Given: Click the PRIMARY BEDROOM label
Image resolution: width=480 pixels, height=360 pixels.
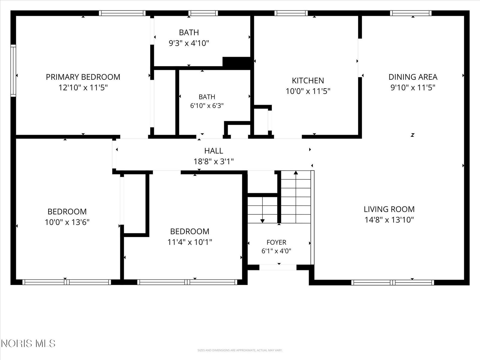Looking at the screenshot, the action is (x=83, y=77).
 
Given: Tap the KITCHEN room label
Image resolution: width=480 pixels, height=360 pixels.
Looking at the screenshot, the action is (x=308, y=81).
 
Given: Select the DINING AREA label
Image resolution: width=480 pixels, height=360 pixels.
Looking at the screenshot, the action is (x=413, y=77).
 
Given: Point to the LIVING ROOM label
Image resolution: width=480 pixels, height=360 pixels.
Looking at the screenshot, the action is (x=389, y=209).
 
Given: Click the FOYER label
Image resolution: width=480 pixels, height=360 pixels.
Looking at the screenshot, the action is (x=276, y=242).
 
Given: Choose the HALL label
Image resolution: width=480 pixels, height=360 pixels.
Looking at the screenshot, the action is (x=214, y=151).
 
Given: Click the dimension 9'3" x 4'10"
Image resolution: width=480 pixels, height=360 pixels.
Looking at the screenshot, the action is (x=189, y=43).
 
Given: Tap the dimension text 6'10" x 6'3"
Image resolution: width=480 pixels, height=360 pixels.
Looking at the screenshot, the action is (x=207, y=106).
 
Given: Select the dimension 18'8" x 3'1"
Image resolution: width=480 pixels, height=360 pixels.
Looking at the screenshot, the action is (x=214, y=161).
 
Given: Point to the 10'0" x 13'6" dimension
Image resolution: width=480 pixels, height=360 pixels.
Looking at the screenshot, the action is (x=67, y=222).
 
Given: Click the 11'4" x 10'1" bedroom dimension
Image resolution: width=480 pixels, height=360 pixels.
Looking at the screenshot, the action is (x=190, y=242).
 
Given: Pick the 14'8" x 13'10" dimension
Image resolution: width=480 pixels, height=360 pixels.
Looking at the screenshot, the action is (x=389, y=220).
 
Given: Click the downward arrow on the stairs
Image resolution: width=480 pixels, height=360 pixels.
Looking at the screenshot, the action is (x=262, y=210).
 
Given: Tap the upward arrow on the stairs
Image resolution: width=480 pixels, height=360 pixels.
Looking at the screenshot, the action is (x=296, y=197).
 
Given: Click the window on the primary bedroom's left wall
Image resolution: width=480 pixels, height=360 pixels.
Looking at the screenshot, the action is (x=13, y=70).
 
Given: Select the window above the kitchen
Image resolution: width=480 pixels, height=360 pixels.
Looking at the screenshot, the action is (x=291, y=13).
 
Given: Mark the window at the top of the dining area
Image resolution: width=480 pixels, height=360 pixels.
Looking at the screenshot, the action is (x=411, y=13).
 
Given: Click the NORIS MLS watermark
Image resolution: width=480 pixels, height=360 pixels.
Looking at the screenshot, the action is (x=28, y=343).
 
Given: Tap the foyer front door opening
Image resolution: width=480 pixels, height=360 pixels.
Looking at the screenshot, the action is (x=278, y=267).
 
